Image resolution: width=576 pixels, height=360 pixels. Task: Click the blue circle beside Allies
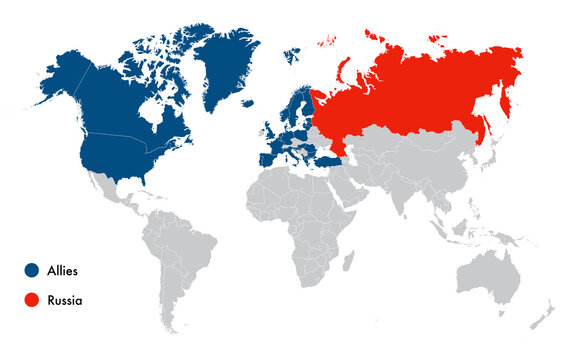tap(33, 270)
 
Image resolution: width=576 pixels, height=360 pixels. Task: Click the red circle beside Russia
tap(33, 299)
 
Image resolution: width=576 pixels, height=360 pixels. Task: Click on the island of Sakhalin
tap(482, 126)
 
